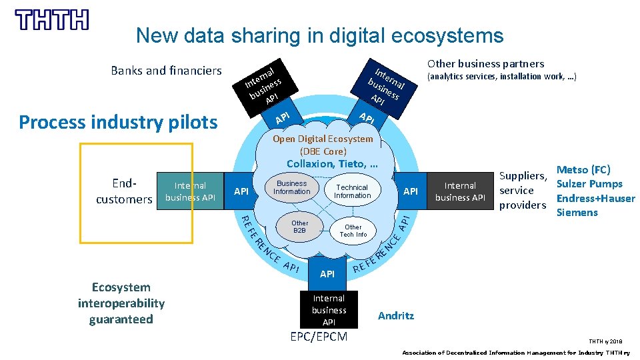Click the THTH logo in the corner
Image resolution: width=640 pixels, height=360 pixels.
coord(51,19)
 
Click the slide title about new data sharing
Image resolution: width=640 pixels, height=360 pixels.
coord(319,35)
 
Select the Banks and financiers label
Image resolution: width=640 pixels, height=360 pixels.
coord(166,71)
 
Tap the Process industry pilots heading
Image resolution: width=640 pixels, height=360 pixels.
coord(118,122)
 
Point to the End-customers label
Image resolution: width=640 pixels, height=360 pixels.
coord(124,191)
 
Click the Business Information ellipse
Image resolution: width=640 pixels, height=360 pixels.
coord(292,187)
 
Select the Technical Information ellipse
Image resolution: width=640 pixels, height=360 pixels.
coord(352,191)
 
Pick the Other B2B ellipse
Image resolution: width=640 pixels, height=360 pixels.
coord(300,227)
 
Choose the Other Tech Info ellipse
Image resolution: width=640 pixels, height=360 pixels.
coord(353,231)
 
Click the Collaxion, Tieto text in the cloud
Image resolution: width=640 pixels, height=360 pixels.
coord(332,164)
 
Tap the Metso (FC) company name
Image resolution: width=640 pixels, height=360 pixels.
coord(583,170)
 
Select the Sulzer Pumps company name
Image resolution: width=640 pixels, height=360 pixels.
coord(589,184)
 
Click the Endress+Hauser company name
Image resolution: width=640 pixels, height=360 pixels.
coord(595,198)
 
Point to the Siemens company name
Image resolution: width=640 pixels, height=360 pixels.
coord(577,213)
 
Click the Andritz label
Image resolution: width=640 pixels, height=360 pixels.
coord(396,315)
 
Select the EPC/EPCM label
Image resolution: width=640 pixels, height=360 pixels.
coord(319,337)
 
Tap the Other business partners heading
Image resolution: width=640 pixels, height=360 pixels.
coord(485,64)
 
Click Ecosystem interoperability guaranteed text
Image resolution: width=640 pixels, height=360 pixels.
coord(121,303)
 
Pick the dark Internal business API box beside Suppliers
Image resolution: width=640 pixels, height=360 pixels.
coord(460,191)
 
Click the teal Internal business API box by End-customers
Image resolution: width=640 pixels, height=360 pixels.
coord(190,191)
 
